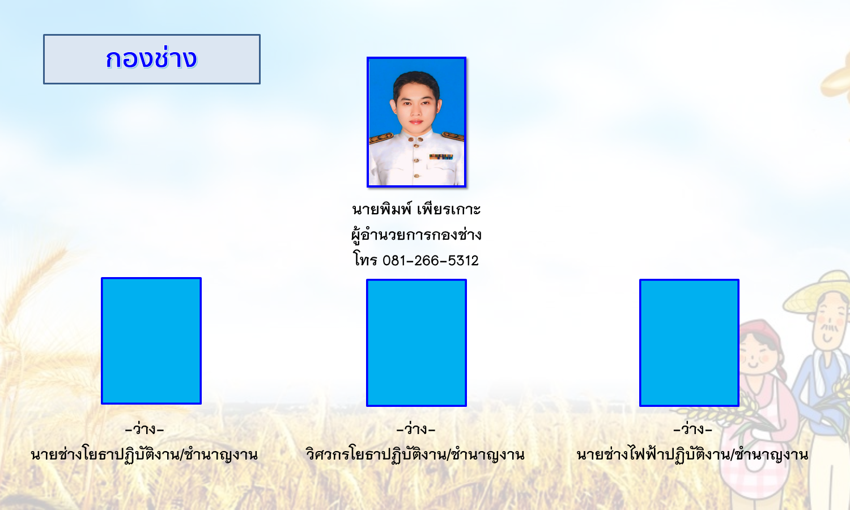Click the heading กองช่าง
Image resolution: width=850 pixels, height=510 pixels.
click(x=151, y=59)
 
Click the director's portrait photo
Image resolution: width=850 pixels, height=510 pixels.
click(x=416, y=122)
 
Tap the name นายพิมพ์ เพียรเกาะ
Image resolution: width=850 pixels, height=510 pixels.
click(x=416, y=209)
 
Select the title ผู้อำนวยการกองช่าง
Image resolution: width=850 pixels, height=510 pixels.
click(x=416, y=235)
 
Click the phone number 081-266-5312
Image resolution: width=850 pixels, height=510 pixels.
click(x=430, y=261)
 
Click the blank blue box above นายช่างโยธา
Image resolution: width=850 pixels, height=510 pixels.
click(x=151, y=341)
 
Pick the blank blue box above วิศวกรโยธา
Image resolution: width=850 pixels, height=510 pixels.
click(x=416, y=343)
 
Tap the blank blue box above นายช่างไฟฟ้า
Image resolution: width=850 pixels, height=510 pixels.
click(x=689, y=343)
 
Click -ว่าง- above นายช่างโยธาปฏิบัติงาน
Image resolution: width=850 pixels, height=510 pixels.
click(x=144, y=429)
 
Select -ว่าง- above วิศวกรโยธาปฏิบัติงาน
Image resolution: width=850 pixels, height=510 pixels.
click(x=416, y=429)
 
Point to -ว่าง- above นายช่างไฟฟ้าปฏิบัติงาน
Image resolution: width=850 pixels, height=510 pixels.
click(x=692, y=429)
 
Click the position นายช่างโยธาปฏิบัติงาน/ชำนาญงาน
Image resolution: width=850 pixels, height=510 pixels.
click(x=144, y=454)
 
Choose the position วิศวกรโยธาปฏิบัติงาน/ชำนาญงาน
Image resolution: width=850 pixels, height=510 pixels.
click(x=415, y=454)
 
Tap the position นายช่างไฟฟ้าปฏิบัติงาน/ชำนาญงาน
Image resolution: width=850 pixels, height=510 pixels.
click(x=692, y=454)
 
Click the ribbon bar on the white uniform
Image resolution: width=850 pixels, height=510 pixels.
click(x=441, y=157)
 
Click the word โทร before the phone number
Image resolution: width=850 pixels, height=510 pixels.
click(x=365, y=260)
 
